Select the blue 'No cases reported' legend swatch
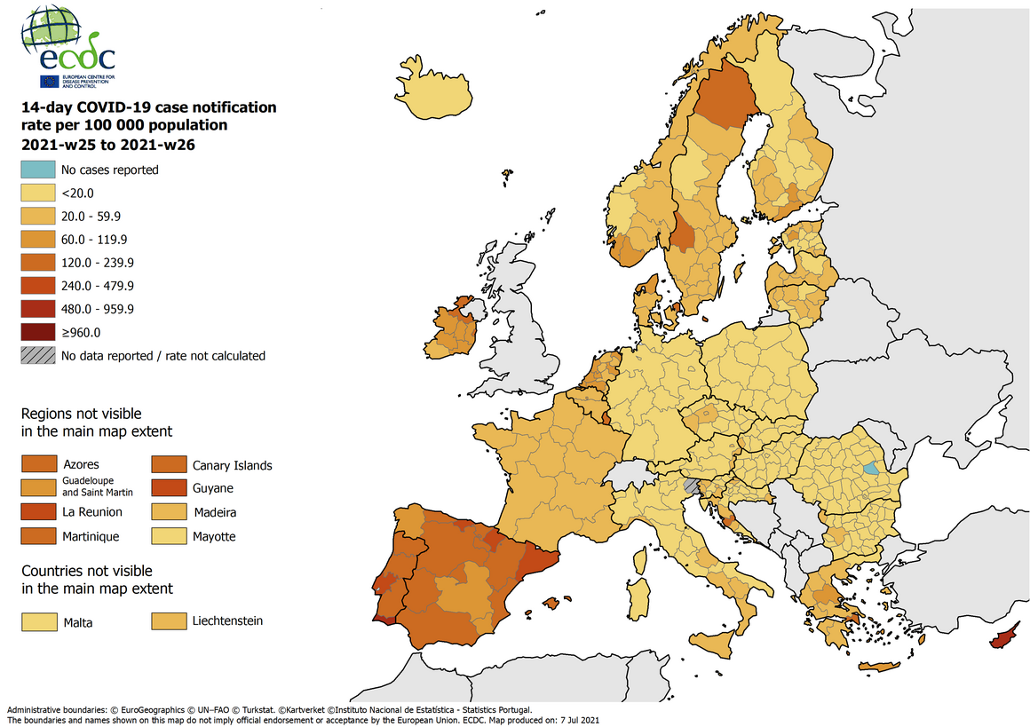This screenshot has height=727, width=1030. pyautogui.click(x=36, y=170)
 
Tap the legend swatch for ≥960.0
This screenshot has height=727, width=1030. pyautogui.click(x=36, y=332)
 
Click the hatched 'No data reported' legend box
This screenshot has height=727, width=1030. pyautogui.click(x=36, y=355)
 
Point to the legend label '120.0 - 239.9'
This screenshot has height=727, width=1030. pyautogui.click(x=96, y=263)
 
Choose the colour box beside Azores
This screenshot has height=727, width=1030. pyautogui.click(x=38, y=464)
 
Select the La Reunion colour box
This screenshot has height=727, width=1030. pyautogui.click(x=38, y=512)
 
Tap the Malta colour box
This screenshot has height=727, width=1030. pyautogui.click(x=38, y=622)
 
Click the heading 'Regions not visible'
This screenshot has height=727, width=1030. pyautogui.click(x=81, y=414)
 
